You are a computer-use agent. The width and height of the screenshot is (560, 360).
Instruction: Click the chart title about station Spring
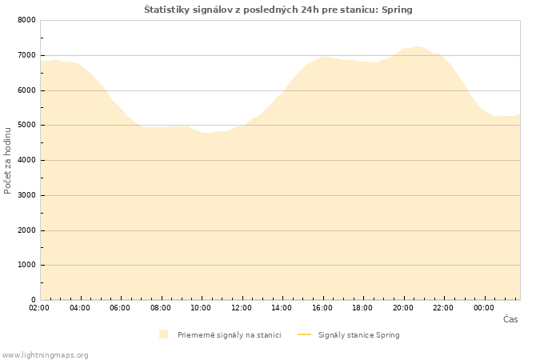278,10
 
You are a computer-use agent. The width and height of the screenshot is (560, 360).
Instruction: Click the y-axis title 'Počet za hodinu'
8,160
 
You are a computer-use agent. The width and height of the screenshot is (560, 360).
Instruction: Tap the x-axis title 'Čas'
510,319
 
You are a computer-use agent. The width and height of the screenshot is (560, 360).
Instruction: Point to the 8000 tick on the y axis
26,20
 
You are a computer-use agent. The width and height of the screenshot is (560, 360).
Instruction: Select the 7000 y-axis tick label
26,55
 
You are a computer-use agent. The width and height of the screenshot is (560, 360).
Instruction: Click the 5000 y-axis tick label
26,126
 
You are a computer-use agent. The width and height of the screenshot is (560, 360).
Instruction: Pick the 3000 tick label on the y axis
26,195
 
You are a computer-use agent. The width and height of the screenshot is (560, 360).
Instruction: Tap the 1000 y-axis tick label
26,265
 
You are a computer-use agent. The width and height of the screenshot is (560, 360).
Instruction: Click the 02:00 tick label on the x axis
39,308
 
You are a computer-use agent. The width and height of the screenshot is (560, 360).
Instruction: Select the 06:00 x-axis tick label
120,308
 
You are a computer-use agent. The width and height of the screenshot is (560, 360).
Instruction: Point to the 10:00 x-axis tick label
201,308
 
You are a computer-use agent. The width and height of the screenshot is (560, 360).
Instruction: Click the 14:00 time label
282,308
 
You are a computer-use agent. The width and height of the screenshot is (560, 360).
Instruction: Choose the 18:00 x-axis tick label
362,308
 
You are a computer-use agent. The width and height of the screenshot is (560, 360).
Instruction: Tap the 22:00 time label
443,308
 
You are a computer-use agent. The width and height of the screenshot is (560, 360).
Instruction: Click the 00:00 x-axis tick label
484,308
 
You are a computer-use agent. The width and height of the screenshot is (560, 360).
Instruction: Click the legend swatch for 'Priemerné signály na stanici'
163,334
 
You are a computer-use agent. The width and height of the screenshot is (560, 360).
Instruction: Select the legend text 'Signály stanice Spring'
358,335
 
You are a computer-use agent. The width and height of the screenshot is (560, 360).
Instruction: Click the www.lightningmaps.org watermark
46,355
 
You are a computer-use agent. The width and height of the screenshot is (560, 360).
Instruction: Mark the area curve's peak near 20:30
418,47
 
